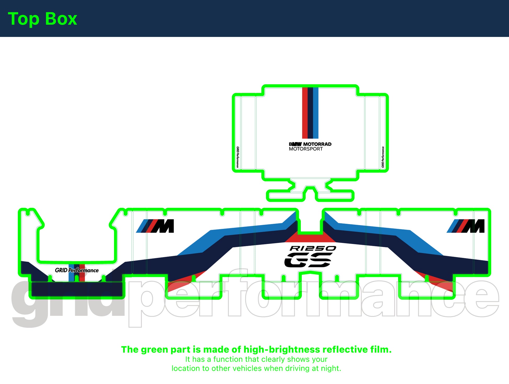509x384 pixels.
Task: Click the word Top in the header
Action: [24, 19]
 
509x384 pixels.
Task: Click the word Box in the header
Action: [61, 19]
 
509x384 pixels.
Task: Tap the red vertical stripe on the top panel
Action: [305, 113]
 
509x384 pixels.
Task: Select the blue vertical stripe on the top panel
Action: [316, 113]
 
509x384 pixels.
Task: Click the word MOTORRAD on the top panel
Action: [317, 144]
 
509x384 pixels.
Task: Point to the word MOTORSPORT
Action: [306, 149]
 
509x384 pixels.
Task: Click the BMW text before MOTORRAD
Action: [295, 144]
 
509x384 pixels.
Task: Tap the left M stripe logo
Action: [155, 226]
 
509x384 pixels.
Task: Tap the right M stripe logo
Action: [466, 226]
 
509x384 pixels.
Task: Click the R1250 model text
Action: [313, 248]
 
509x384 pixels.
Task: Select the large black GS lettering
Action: [308, 260]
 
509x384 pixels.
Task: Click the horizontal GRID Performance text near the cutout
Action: [77, 270]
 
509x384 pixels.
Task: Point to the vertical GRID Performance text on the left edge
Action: [237, 157]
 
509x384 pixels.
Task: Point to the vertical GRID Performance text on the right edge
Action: [383, 157]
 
